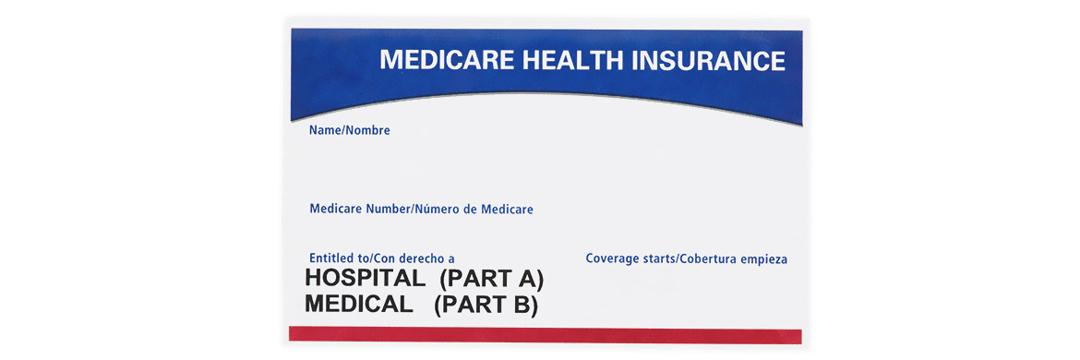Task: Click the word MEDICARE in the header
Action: pos(447,61)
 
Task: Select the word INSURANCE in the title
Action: pos(708,61)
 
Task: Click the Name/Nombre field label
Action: pos(349,130)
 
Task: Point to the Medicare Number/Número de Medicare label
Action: pos(421,209)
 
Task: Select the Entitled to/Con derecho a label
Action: pos(382,258)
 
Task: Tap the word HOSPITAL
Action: pos(365,279)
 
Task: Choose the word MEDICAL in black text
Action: pos(358,305)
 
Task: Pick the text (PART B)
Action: pos(486,305)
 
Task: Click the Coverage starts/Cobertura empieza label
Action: pos(686,258)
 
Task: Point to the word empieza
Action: pos(763,258)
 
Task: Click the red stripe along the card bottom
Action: pos(545,335)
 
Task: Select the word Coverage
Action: pos(613,258)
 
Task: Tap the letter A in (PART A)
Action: pos(527,279)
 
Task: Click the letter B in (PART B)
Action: pos(522,305)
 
